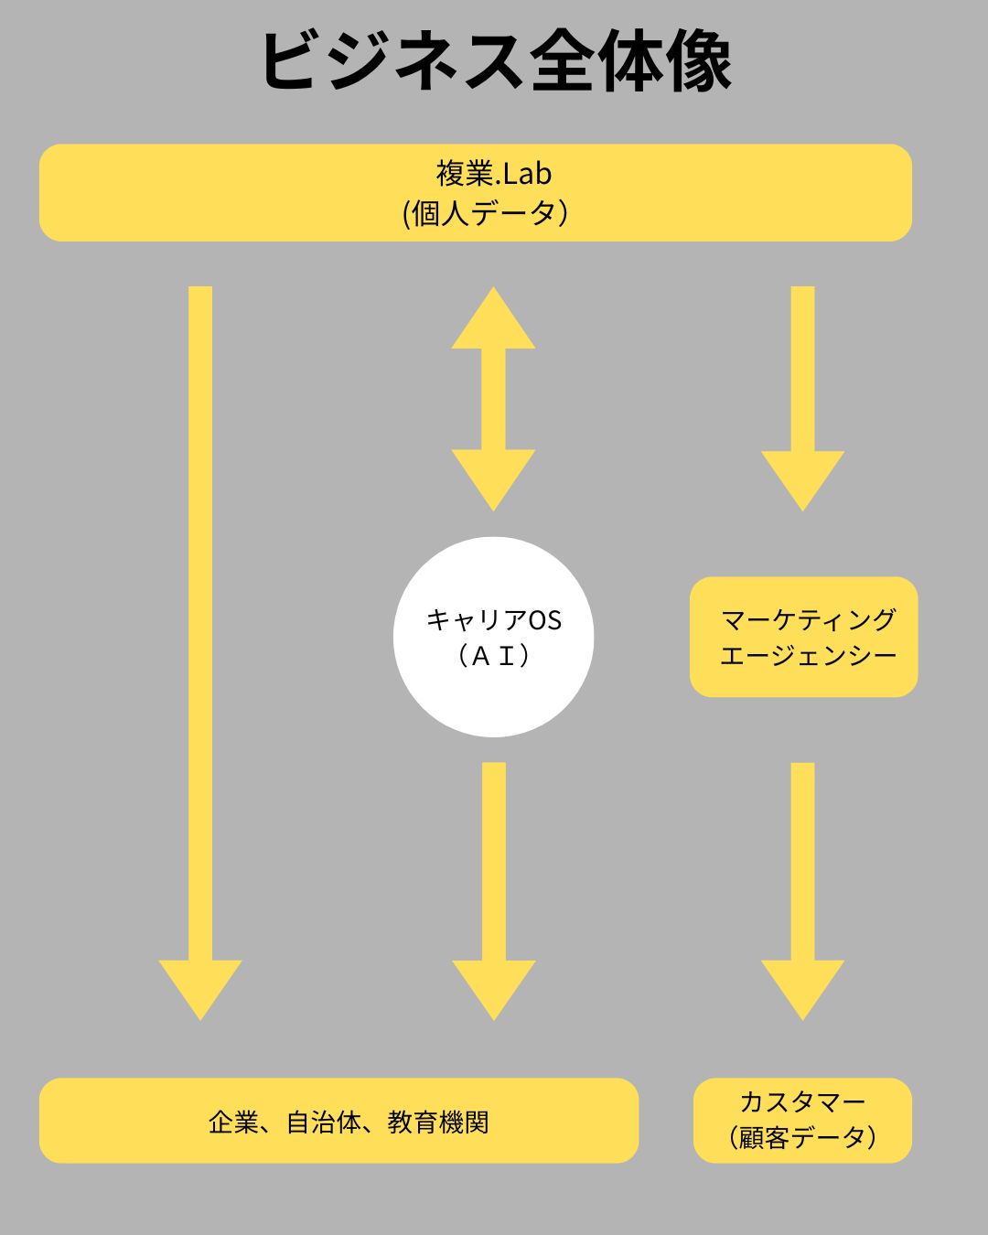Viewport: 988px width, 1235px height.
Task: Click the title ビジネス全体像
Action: pyautogui.click(x=495, y=61)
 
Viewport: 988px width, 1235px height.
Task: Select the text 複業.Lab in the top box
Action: pyautogui.click(x=493, y=173)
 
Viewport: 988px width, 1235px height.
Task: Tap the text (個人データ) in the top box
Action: pyautogui.click(x=486, y=213)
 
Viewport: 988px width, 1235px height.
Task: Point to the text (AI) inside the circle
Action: pyautogui.click(x=493, y=655)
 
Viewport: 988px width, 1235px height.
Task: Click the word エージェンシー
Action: pyautogui.click(x=808, y=656)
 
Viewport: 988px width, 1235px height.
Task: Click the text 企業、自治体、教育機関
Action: pyautogui.click(x=349, y=1122)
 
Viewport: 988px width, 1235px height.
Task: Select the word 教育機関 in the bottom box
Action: pyautogui.click(x=438, y=1122)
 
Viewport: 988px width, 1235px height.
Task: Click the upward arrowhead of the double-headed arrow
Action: pyautogui.click(x=493, y=320)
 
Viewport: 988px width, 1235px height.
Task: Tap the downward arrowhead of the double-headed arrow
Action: pyautogui.click(x=493, y=478)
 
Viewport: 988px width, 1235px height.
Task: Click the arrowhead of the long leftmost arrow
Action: pyautogui.click(x=200, y=988)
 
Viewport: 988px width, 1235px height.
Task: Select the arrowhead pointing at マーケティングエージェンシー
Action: pyautogui.click(x=802, y=478)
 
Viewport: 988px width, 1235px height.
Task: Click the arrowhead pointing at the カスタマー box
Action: pyautogui.click(x=802, y=988)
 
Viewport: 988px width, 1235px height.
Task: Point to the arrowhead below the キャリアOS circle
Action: pyautogui.click(x=493, y=988)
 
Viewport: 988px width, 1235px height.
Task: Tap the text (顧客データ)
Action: pyautogui.click(x=803, y=1138)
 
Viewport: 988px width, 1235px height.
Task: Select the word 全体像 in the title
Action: pyautogui.click(x=631, y=61)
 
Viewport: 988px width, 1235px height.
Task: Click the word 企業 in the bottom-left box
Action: pyautogui.click(x=233, y=1122)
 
